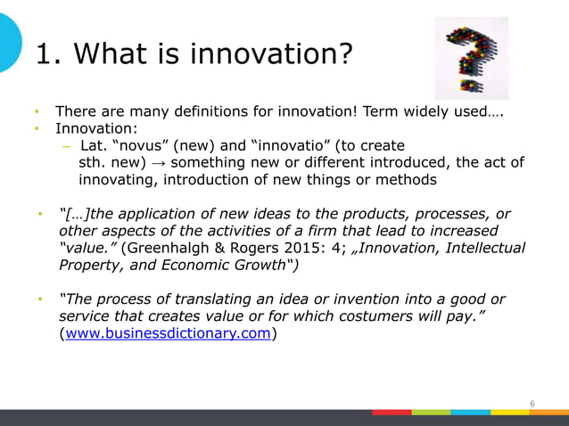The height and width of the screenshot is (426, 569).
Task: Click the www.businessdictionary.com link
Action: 165,334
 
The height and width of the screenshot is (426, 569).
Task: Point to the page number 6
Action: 532,404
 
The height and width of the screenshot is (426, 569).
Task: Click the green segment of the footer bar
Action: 431,413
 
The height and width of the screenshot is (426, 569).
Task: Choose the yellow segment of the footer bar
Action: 510,413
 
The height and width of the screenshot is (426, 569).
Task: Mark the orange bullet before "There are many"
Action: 37,112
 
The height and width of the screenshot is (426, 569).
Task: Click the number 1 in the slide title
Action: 43,55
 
